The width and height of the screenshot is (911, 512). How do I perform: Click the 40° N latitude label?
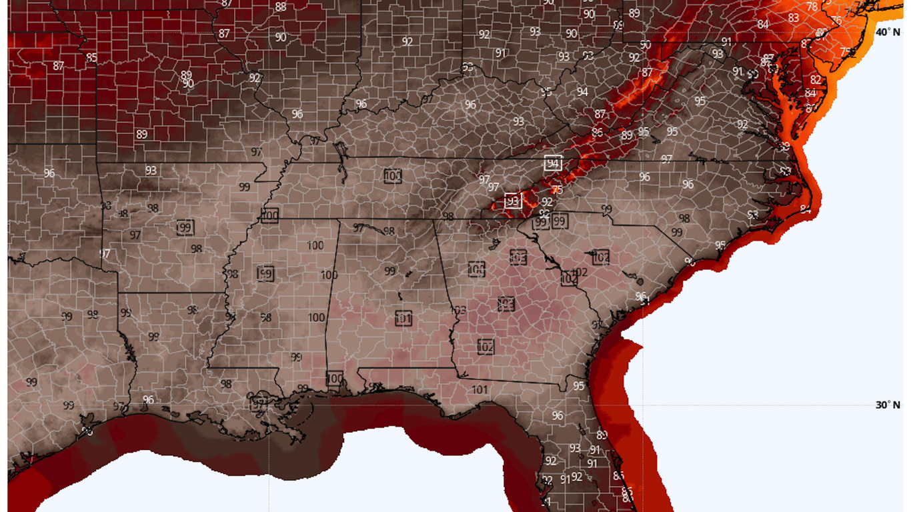click(x=888, y=32)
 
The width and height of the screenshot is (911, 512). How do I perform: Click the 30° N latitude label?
click(x=888, y=405)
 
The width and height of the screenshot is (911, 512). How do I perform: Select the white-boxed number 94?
click(x=553, y=163)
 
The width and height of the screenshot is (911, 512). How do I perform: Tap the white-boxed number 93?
click(x=512, y=200)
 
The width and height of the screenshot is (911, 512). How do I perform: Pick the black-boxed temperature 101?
click(x=403, y=319)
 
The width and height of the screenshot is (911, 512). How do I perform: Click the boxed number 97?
click(x=258, y=403)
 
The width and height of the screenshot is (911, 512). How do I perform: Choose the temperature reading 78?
click(x=812, y=7)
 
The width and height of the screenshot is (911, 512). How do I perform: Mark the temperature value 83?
click(x=793, y=18)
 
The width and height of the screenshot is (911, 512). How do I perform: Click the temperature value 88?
click(x=281, y=7)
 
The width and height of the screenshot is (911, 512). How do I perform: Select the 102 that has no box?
click(x=580, y=272)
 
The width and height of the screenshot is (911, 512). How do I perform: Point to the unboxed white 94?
click(x=583, y=92)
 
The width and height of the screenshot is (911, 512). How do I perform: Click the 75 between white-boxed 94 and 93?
click(x=557, y=190)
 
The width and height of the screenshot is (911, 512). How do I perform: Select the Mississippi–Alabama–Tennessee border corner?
click(x=339, y=220)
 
